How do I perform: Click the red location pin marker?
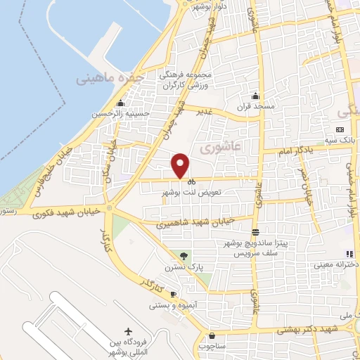(x=181, y=165)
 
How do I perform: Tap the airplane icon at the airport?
(x=127, y=331)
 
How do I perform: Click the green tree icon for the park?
(x=184, y=257)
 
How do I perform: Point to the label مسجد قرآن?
(x=255, y=108)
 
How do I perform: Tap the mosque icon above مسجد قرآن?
(x=255, y=96)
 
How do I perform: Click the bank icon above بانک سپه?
(x=340, y=130)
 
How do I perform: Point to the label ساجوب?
(x=212, y=345)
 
